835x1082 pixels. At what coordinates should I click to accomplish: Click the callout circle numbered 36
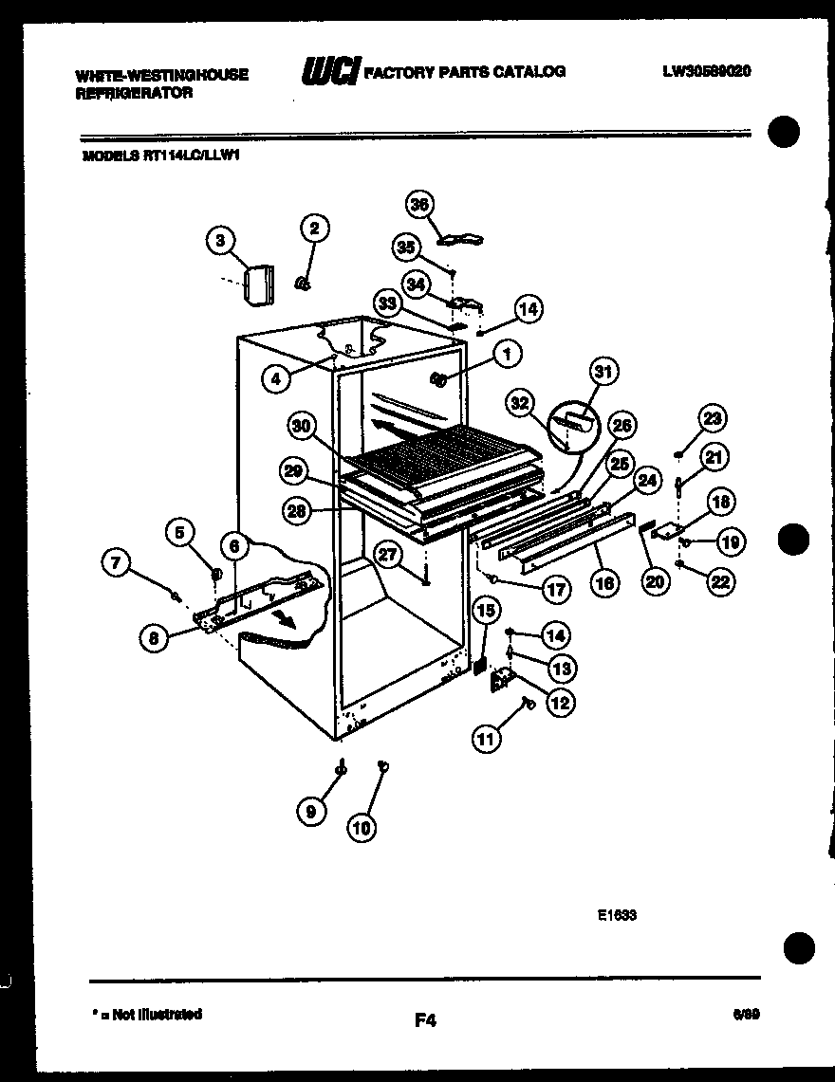(x=419, y=205)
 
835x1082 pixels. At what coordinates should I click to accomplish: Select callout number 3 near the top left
(x=220, y=241)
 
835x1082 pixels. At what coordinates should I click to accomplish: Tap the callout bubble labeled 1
(x=507, y=355)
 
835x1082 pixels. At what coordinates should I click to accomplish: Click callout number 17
(x=555, y=589)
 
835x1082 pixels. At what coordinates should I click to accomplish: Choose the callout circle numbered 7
(x=116, y=563)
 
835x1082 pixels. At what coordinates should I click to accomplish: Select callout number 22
(x=720, y=582)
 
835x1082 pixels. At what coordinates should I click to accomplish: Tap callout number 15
(x=483, y=612)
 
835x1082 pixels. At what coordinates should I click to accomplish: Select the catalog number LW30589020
(x=707, y=71)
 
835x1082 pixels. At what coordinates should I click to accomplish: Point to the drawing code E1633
(x=617, y=916)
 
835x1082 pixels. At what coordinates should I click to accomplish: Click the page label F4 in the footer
(x=424, y=1020)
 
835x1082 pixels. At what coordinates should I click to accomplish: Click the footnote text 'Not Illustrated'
(x=157, y=1014)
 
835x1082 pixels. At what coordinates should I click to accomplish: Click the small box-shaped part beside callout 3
(x=257, y=284)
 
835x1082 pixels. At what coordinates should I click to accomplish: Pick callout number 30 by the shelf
(x=304, y=427)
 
